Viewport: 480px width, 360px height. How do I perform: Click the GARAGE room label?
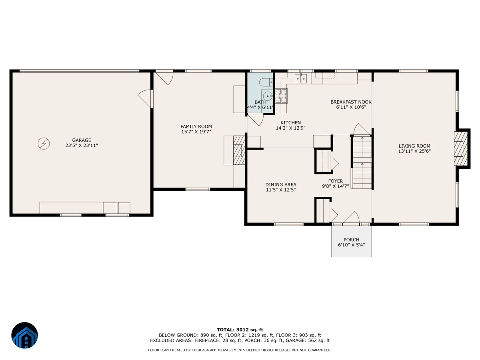pos(82,140)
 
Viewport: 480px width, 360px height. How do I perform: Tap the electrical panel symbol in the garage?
pos(44,144)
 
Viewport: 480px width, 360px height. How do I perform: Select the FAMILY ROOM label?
pos(196,126)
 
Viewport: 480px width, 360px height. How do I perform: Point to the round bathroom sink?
pos(268,96)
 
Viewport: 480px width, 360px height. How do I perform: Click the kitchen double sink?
pos(301,78)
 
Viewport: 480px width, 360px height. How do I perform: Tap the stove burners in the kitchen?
pos(281,96)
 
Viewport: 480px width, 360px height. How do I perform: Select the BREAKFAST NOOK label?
pos(351,102)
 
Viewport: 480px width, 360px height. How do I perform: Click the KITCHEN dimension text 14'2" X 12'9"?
pos(291,128)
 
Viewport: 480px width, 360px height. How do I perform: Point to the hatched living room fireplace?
pos(461,148)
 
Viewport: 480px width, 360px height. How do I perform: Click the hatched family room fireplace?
pos(239,150)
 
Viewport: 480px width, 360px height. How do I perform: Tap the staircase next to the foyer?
pos(362,162)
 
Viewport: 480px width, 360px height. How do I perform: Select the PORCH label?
pos(352,240)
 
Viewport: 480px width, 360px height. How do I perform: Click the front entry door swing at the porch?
pos(351,217)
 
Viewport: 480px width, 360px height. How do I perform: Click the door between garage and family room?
pos(145,98)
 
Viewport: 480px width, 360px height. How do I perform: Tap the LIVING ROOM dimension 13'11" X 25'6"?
pos(414,151)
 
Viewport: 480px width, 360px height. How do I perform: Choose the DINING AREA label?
pos(281,184)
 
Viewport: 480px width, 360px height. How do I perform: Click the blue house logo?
pos(24,335)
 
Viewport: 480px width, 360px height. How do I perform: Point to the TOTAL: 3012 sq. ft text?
pos(240,330)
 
